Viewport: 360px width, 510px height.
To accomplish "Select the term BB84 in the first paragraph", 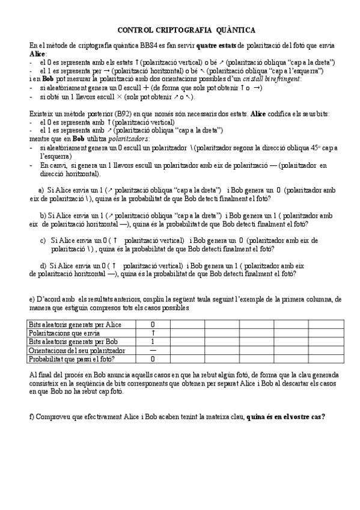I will coord(131,46).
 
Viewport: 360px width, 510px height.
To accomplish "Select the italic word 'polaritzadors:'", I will coord(99,138).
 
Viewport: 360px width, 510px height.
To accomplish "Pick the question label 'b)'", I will coord(43,215).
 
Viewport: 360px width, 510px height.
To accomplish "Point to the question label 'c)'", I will coord(43,240).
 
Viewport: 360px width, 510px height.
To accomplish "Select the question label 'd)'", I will coord(43,265).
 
